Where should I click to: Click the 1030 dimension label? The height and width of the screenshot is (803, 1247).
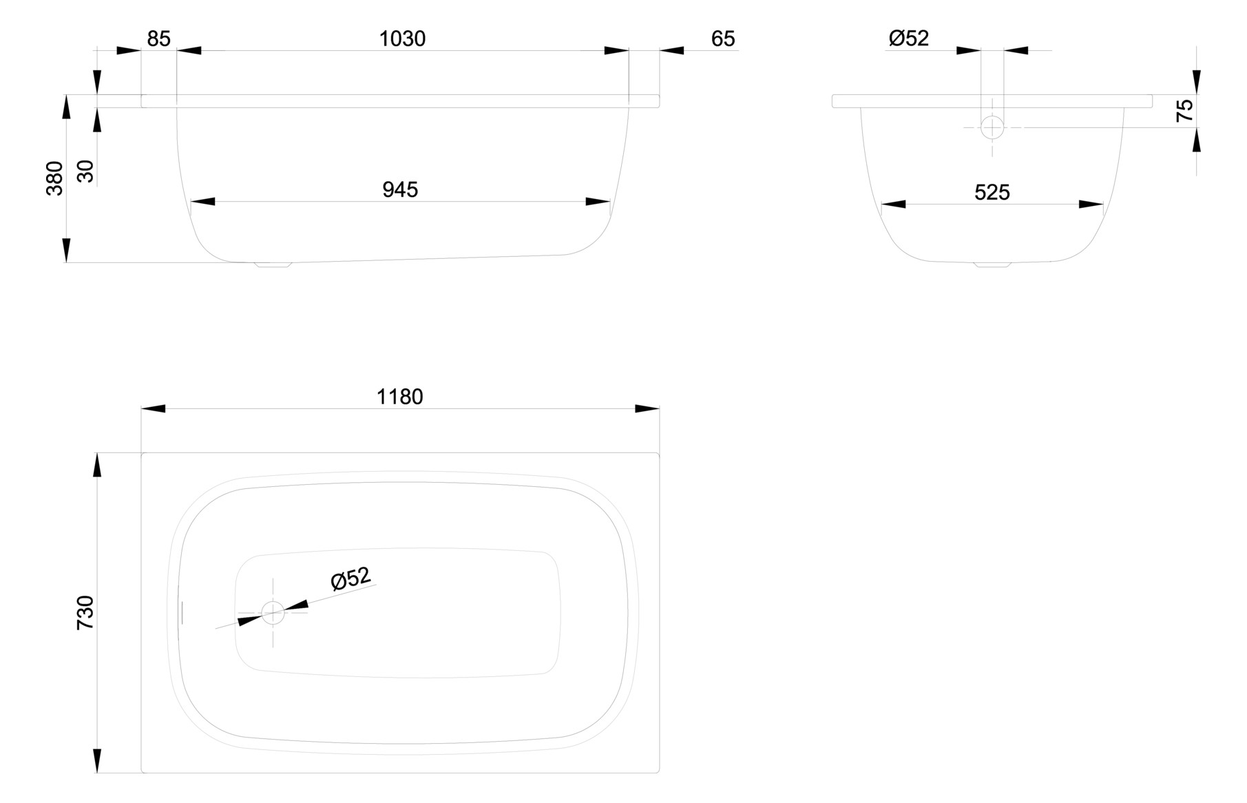click(x=402, y=39)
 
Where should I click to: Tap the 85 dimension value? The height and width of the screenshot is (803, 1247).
click(x=158, y=39)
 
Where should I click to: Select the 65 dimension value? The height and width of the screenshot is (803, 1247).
click(x=722, y=39)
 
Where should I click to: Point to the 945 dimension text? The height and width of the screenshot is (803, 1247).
click(x=400, y=189)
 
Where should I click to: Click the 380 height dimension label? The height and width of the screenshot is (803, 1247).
click(x=54, y=178)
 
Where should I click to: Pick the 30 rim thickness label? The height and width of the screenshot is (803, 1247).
click(x=85, y=171)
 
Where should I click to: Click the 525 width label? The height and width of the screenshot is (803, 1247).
click(x=992, y=192)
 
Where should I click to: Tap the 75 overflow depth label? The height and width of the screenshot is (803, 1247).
click(x=1184, y=110)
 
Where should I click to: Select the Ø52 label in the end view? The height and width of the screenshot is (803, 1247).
click(x=908, y=39)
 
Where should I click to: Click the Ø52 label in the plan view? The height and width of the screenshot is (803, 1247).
click(x=350, y=578)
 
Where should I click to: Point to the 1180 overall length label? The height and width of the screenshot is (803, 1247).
click(x=399, y=397)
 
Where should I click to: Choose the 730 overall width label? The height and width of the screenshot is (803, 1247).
click(x=85, y=613)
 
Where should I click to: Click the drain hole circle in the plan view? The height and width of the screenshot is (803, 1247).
click(x=273, y=612)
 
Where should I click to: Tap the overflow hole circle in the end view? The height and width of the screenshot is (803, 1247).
click(x=992, y=127)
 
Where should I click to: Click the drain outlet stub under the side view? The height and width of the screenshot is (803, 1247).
click(x=273, y=264)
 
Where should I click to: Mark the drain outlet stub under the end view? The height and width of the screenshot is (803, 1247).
click(x=992, y=264)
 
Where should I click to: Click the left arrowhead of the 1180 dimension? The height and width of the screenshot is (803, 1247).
click(x=154, y=408)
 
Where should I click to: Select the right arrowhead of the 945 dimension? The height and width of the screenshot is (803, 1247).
click(x=598, y=202)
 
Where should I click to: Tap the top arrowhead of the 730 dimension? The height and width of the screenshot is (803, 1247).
click(x=97, y=465)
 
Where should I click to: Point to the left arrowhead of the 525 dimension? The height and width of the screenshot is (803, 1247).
click(x=893, y=204)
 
